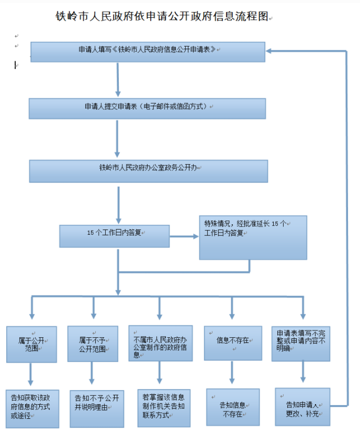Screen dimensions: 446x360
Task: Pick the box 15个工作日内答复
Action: pos(114,235)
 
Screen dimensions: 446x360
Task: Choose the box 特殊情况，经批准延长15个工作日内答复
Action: pos(253,237)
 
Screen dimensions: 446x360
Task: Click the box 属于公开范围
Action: pos(31,344)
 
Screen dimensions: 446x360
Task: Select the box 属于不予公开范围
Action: pos(93,344)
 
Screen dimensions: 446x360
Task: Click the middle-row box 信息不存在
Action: pos(232,344)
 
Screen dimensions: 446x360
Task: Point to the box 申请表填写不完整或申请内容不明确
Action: pos(300,344)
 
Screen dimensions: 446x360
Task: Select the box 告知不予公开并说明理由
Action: pos(96,407)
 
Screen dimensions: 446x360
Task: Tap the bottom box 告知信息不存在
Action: pos(232,408)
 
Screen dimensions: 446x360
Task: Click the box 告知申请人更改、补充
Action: pos(302,407)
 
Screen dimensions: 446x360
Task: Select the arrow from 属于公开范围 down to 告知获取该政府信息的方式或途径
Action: pos(30,375)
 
